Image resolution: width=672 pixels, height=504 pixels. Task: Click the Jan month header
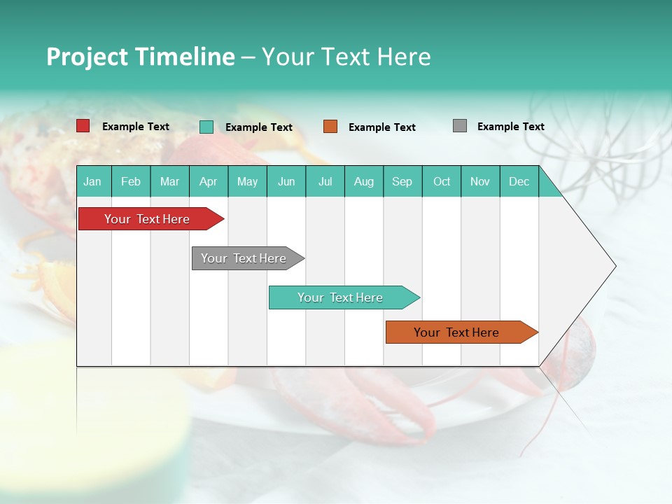tap(93, 181)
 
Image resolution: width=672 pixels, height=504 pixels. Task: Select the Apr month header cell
tap(209, 181)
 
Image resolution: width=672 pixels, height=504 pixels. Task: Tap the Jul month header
tap(325, 181)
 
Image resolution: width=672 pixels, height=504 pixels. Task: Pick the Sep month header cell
tap(402, 181)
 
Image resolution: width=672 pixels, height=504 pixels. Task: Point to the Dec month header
tap(519, 181)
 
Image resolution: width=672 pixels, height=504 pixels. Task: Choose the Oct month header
tap(442, 181)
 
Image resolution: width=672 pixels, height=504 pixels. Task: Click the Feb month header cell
tap(131, 181)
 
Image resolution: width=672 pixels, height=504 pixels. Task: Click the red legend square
tap(83, 126)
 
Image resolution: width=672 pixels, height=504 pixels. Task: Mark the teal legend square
tap(206, 127)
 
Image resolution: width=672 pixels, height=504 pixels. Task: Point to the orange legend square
tap(330, 127)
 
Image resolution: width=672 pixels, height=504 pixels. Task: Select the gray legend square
tap(460, 126)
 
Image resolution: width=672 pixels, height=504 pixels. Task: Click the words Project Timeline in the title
tap(140, 57)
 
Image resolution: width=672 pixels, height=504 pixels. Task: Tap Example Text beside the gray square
tap(510, 127)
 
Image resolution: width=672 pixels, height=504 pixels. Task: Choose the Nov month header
tap(480, 181)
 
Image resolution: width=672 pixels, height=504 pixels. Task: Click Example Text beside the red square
tap(136, 127)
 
